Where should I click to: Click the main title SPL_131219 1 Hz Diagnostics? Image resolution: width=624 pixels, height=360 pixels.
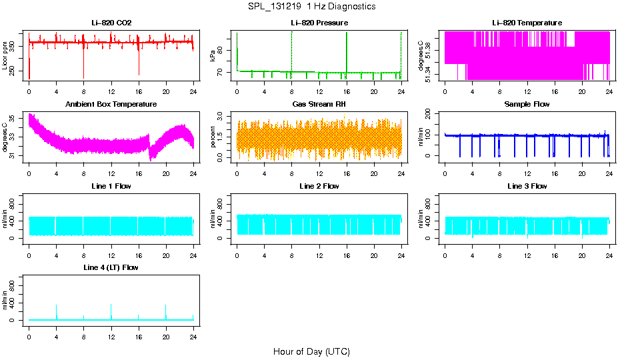point(311,7)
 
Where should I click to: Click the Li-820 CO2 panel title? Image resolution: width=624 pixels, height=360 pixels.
point(111,23)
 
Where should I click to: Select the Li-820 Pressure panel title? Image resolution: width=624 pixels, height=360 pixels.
point(319,23)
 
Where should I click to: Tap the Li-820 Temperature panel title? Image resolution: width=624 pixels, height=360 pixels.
point(527,23)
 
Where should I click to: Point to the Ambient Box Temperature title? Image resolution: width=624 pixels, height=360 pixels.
point(111,105)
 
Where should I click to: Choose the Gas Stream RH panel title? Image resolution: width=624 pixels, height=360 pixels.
point(319,105)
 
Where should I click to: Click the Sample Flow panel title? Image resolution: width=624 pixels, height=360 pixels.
point(527,105)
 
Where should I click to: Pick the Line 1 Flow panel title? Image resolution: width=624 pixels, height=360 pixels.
point(111,186)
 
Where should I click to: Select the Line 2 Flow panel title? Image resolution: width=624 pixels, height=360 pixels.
point(319,186)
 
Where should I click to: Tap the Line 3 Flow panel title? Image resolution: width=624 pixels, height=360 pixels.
point(527,186)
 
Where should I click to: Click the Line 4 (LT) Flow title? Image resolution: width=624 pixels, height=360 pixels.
point(111,267)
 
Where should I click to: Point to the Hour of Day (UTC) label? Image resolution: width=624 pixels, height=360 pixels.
point(311,351)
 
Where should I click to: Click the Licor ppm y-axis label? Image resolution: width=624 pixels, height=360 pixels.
point(5,56)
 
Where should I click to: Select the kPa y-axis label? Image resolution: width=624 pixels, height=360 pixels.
point(213,56)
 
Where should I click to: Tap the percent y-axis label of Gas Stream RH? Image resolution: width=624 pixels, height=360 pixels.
point(213,137)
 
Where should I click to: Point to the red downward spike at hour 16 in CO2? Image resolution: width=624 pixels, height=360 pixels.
point(139,67)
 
